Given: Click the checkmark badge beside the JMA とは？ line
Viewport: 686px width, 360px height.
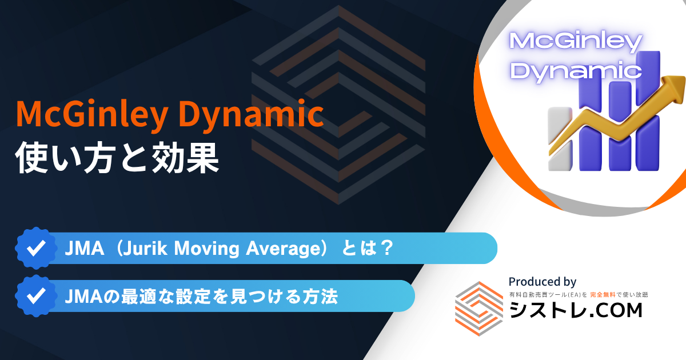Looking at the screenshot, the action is tap(36, 248).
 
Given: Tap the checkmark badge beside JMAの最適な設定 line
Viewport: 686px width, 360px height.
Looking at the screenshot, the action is tap(36, 296).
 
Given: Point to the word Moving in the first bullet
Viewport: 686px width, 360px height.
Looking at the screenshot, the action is tap(207, 248).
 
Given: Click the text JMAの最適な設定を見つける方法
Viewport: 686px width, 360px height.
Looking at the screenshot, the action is tap(201, 297).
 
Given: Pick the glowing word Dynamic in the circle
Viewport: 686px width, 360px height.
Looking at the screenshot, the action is tap(576, 70).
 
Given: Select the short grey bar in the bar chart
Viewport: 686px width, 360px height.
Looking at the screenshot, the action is tap(560, 138).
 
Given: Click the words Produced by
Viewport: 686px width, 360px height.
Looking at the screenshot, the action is tap(543, 282).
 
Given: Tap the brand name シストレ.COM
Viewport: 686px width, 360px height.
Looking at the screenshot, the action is tap(576, 310).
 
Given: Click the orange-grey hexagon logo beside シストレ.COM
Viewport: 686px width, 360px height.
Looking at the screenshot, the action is tap(478, 309).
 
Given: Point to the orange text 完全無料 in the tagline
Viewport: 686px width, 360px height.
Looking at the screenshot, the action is tap(603, 295).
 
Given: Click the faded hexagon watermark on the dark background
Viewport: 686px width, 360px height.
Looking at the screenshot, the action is tap(338, 105).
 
